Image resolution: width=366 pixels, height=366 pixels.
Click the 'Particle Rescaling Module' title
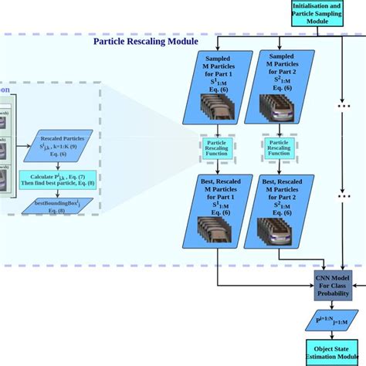pos(147,42)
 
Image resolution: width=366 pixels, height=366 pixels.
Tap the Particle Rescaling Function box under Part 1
pos(217,147)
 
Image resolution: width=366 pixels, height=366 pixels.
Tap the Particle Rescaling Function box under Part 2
pos(279,147)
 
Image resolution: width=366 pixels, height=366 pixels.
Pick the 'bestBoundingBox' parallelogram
pos(58,206)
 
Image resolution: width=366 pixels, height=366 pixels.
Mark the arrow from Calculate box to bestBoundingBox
pos(58,193)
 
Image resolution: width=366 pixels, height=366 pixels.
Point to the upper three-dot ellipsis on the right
pos(343,107)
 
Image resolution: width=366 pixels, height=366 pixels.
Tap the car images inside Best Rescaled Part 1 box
pos(216,228)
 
